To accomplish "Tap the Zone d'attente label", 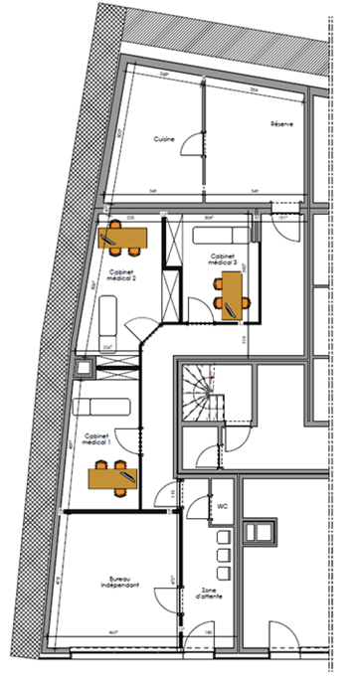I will [209, 594].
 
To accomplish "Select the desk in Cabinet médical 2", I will [123, 239].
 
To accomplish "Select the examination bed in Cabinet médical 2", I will [107, 322].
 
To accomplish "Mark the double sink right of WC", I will [261, 531].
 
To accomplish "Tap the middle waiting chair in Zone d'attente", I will [223, 554].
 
